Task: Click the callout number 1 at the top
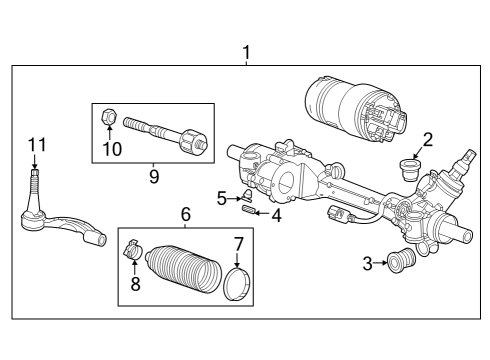point(247,52)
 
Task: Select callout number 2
point(427,140)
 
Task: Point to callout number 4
point(277,213)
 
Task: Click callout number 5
point(222,197)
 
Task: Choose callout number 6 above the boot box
point(185,213)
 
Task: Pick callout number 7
point(238,243)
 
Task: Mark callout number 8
point(135,283)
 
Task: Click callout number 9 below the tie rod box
point(153,176)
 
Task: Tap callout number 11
point(37,146)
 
